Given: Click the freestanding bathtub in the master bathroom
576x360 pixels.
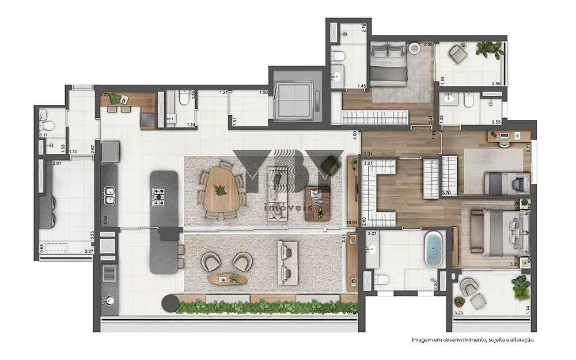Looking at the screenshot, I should pyautogui.click(x=434, y=249).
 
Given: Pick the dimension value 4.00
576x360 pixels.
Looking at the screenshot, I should pyautogui.click(x=355, y=136).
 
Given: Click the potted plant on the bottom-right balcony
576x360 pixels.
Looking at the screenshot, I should pyautogui.click(x=521, y=287).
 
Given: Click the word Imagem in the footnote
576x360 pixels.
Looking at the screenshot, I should pyautogui.click(x=423, y=340).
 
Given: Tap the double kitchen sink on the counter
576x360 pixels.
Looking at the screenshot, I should pyautogui.click(x=109, y=195).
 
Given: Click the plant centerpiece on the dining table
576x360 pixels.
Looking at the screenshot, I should pyautogui.click(x=221, y=190).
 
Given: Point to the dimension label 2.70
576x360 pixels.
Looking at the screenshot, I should pyautogui.click(x=363, y=26).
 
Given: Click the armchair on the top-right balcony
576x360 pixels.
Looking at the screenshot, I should pyautogui.click(x=459, y=54).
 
